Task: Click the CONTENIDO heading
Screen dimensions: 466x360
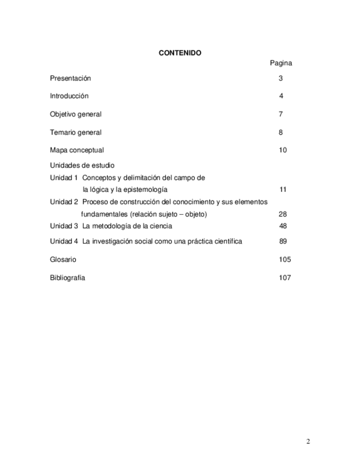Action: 180,53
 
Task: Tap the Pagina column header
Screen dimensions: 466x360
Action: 281,63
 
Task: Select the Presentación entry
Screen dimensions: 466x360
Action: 70,79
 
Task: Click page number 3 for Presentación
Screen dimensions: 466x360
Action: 281,79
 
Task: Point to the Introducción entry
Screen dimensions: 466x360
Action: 69,96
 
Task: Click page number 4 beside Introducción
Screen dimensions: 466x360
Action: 281,96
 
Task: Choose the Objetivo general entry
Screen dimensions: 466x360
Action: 76,114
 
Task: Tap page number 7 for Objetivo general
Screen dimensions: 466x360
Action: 281,114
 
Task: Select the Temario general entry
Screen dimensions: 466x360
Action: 76,132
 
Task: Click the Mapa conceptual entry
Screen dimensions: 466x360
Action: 77,150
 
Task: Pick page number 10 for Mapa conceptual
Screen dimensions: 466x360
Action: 283,150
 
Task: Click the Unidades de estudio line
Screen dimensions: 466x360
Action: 82,165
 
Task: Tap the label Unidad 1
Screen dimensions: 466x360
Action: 64,178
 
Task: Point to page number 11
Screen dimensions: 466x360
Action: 283,190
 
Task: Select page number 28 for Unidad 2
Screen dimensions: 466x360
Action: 283,214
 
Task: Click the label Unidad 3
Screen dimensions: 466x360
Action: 64,226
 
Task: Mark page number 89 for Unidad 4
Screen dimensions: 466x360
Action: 283,241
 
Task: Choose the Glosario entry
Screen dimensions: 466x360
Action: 63,259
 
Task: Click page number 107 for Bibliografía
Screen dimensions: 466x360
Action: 285,278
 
